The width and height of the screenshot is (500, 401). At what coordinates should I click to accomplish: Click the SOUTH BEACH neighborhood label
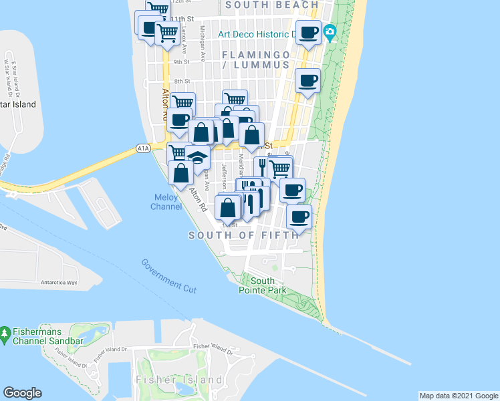point(272,5)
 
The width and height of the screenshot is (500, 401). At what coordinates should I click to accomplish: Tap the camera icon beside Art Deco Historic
point(330,32)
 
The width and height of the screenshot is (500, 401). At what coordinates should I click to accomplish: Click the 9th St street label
point(182,62)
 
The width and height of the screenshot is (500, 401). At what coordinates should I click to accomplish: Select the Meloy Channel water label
point(166,202)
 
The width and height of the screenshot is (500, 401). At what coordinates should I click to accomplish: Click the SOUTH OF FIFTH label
point(243,235)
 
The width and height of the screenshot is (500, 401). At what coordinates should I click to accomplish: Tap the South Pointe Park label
point(263,285)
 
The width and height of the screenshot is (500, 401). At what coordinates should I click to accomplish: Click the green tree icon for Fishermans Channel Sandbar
point(5,332)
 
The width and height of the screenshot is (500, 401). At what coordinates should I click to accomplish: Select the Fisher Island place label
point(178,380)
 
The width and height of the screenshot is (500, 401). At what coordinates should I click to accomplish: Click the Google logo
point(22,393)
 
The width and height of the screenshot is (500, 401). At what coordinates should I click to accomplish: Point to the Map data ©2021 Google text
point(458,396)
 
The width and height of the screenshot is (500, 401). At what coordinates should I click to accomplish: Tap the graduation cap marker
point(197,158)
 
